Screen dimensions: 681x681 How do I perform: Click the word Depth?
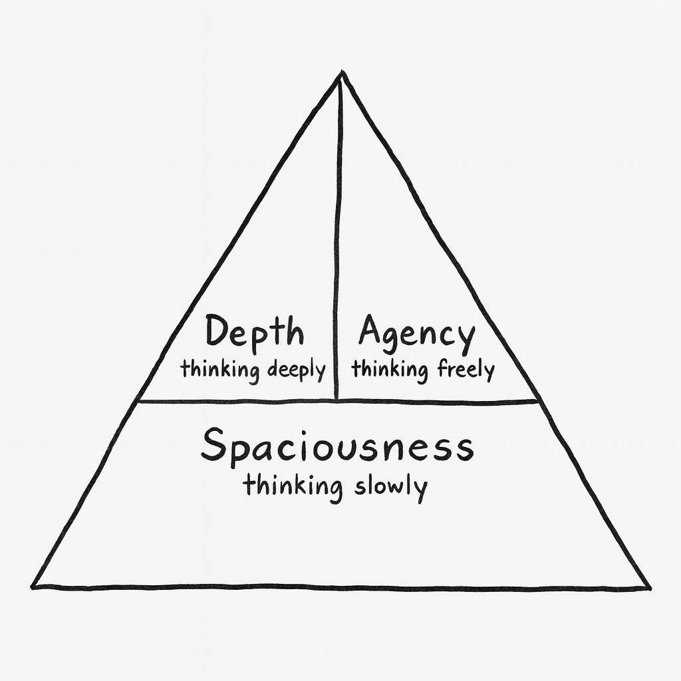254,333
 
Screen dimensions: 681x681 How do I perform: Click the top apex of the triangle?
341,71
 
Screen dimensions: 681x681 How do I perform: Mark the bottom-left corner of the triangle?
33,587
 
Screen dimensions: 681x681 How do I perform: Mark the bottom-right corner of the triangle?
649,588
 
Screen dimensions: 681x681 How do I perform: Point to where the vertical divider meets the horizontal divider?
337,400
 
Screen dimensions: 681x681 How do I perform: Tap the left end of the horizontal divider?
138,401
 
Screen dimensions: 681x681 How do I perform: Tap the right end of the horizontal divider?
537,402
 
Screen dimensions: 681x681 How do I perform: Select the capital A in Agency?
372,330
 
